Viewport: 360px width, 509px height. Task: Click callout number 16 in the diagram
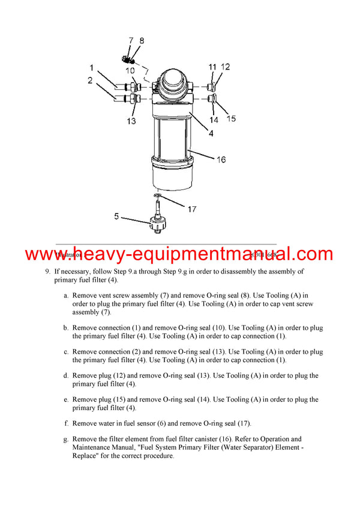click(221, 159)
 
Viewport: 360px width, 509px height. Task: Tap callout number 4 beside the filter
click(211, 134)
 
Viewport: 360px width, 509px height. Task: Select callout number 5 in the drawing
click(118, 216)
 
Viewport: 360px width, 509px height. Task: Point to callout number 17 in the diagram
click(191, 209)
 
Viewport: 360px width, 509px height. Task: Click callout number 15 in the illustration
click(231, 119)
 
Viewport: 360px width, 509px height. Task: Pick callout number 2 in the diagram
click(90, 80)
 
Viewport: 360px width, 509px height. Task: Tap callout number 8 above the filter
click(142, 41)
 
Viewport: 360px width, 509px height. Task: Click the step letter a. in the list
click(65, 296)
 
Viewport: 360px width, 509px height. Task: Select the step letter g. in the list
click(65, 439)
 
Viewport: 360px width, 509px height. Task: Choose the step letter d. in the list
click(65, 376)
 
